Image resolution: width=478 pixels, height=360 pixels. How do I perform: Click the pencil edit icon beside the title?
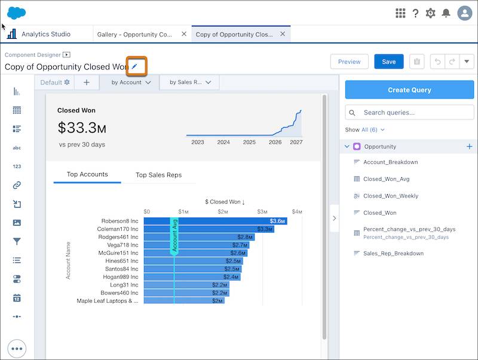[134, 66]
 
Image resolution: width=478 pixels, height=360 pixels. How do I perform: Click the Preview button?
[349, 61]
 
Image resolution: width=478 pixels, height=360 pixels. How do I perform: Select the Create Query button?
[409, 90]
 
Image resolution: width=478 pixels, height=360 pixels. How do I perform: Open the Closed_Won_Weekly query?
[390, 196]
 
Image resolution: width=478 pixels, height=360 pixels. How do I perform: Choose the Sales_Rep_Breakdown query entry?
[393, 253]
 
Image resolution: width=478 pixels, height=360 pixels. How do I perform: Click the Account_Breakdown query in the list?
[390, 162]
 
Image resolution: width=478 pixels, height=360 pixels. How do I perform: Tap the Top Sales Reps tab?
[158, 175]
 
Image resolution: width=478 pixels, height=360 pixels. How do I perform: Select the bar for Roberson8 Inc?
[215, 221]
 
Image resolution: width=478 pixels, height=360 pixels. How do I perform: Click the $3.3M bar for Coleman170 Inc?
[209, 229]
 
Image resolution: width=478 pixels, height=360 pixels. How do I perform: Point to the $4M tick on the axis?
[297, 212]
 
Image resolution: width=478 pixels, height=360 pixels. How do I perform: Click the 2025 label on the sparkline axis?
[249, 142]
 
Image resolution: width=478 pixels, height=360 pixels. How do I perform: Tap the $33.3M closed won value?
[82, 127]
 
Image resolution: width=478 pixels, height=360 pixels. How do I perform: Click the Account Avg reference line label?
[174, 236]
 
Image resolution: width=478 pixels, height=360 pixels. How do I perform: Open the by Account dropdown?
[131, 82]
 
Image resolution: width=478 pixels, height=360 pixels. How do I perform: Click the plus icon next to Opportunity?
[469, 146]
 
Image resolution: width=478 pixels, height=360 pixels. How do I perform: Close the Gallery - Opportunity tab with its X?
[184, 35]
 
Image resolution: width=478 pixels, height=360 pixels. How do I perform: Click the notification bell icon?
[446, 13]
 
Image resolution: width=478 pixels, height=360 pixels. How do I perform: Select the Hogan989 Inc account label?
[122, 277]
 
